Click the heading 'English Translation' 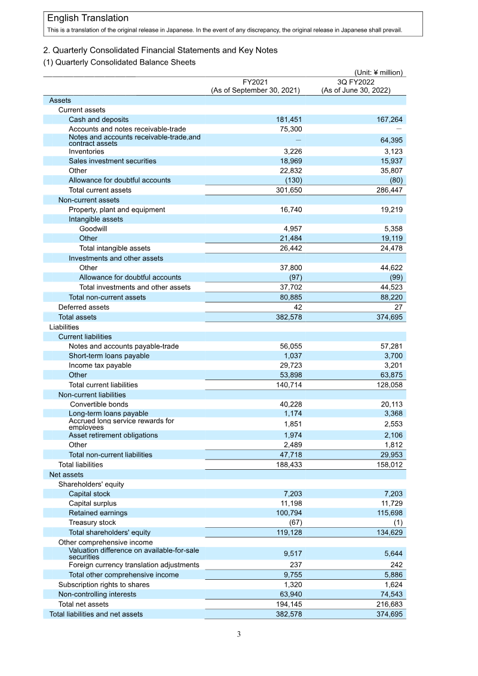point(88,19)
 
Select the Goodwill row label point(93,229)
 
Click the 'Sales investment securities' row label point(112,161)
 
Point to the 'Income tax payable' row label point(100,365)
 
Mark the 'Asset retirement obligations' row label point(113,435)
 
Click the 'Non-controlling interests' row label point(97,594)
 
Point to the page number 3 point(238,634)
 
